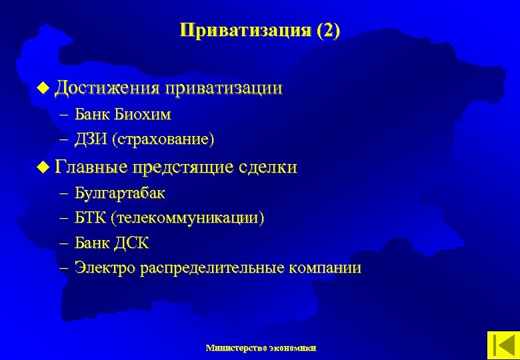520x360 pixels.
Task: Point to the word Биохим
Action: [142, 115]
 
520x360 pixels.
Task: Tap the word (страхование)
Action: [163, 139]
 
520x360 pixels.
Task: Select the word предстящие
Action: [185, 167]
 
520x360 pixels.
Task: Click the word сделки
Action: [270, 167]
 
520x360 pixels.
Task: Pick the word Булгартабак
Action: [120, 194]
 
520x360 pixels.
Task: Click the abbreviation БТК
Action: [90, 219]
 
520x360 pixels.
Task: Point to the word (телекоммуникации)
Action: [188, 219]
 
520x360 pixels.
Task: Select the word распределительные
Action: [213, 269]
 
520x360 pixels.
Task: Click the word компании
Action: [325, 269]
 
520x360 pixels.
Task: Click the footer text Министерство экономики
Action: [261, 347]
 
